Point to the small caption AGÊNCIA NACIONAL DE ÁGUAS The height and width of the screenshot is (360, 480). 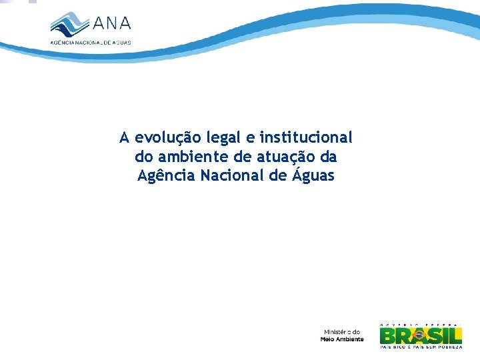point(91,42)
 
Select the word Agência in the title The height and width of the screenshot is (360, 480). point(163,176)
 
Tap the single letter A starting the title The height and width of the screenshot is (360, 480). point(124,138)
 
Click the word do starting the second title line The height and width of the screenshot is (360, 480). point(143,157)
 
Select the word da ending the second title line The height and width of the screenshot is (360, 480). point(329,157)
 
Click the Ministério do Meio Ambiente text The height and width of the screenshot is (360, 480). point(342,335)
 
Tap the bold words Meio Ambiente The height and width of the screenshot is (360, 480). point(342,339)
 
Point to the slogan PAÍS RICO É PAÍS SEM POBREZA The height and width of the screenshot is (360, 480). point(420,347)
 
